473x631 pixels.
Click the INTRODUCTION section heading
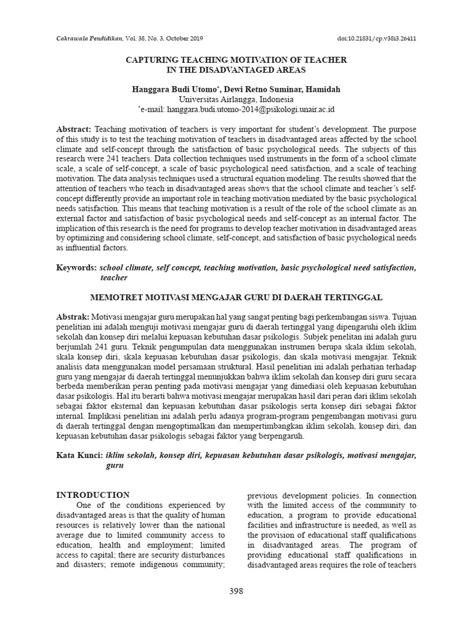pyautogui.click(x=93, y=495)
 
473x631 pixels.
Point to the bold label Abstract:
pyautogui.click(x=74, y=129)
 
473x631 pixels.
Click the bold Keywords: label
pyautogui.click(x=76, y=268)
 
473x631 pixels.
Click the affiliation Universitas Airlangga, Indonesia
pyautogui.click(x=236, y=99)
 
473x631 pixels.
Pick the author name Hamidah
pyautogui.click(x=322, y=89)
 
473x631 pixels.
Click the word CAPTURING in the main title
pyautogui.click(x=150, y=60)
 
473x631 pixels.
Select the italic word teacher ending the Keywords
pyautogui.click(x=113, y=278)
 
